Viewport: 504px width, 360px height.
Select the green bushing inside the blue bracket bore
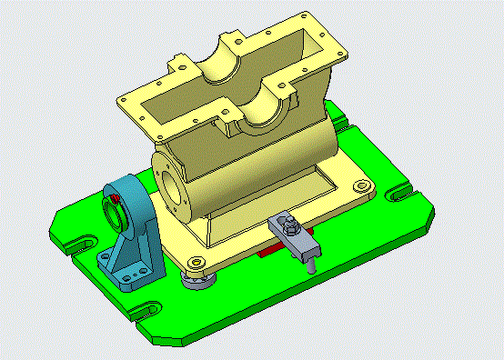click(x=113, y=213)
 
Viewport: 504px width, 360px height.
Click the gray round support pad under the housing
click(x=198, y=275)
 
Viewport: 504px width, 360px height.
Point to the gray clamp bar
click(x=297, y=239)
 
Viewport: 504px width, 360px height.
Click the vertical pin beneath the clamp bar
click(x=312, y=264)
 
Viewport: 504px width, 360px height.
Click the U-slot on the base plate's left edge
click(x=75, y=245)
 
